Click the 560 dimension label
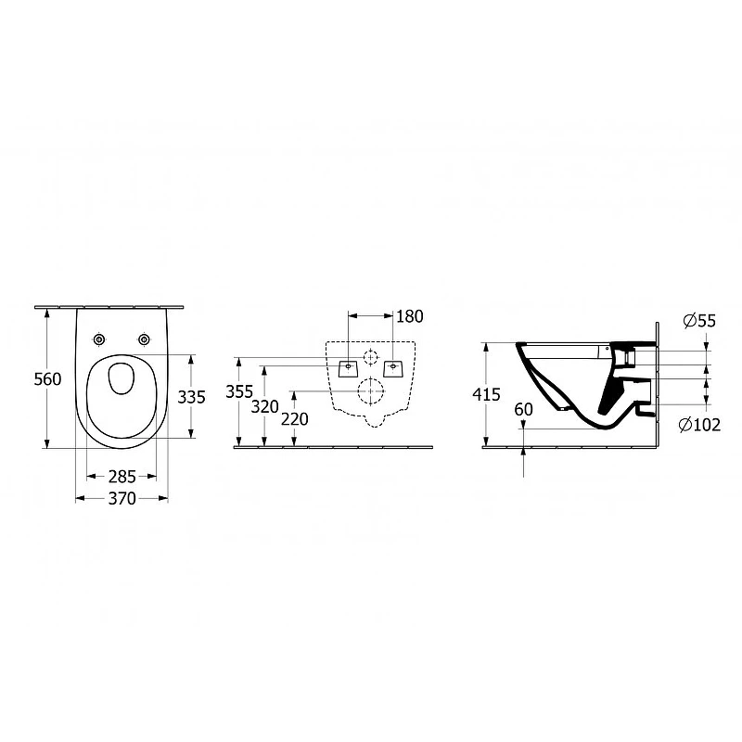coord(48,379)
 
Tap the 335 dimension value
coord(192,397)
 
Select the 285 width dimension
coord(122,477)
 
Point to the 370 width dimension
coord(122,498)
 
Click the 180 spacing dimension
coord(410,316)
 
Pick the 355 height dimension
coord(239,391)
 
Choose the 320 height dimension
coord(265,406)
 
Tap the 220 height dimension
coord(295,419)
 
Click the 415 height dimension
coord(486,394)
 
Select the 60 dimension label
coord(523,409)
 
